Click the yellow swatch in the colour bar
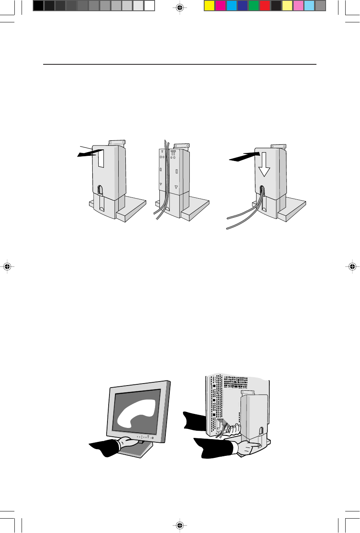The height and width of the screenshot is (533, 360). [x=209, y=6]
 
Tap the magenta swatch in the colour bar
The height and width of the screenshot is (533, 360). [x=221, y=6]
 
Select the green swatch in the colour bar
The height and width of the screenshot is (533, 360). [x=254, y=6]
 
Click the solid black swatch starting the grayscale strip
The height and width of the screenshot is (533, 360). [x=38, y=6]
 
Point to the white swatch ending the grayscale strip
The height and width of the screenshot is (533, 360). [x=149, y=6]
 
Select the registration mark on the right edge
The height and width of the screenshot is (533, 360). [x=352, y=266]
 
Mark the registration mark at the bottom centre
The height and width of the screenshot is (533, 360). [x=180, y=525]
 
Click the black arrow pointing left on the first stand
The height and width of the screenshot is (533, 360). [x=87, y=153]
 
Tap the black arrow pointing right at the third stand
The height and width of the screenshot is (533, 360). [x=241, y=157]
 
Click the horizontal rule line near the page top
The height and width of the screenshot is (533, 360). [x=180, y=64]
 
